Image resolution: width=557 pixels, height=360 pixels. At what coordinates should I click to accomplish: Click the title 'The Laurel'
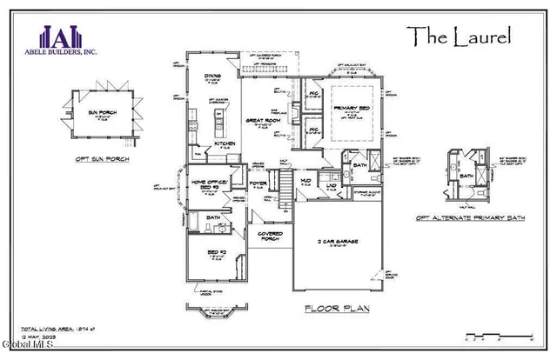coord(460,36)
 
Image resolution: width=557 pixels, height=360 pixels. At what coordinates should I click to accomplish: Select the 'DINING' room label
coord(212,76)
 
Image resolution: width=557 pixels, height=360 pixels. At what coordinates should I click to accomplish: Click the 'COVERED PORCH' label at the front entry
coord(268,236)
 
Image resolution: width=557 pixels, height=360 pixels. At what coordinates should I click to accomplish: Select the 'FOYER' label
coord(258,183)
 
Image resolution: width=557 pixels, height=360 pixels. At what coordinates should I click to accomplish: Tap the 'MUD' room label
coord(305,182)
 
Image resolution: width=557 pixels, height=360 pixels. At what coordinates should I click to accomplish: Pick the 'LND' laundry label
coord(332,184)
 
